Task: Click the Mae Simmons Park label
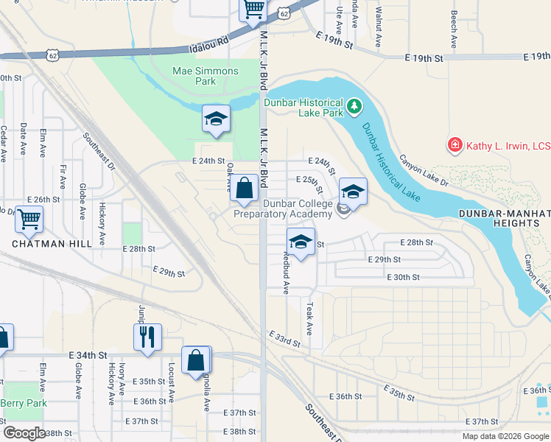(195, 76)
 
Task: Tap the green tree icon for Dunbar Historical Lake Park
(354, 108)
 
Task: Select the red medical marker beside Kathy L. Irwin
(455, 145)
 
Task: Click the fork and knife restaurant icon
(148, 337)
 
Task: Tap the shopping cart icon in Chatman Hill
(29, 219)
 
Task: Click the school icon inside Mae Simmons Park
(217, 119)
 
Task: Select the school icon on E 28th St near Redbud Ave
(300, 241)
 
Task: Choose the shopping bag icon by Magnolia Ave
(196, 361)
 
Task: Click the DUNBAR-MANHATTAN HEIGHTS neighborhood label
(503, 218)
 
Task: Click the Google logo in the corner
(24, 433)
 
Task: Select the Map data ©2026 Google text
(505, 435)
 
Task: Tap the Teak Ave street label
(310, 318)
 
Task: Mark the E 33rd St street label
(284, 340)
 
